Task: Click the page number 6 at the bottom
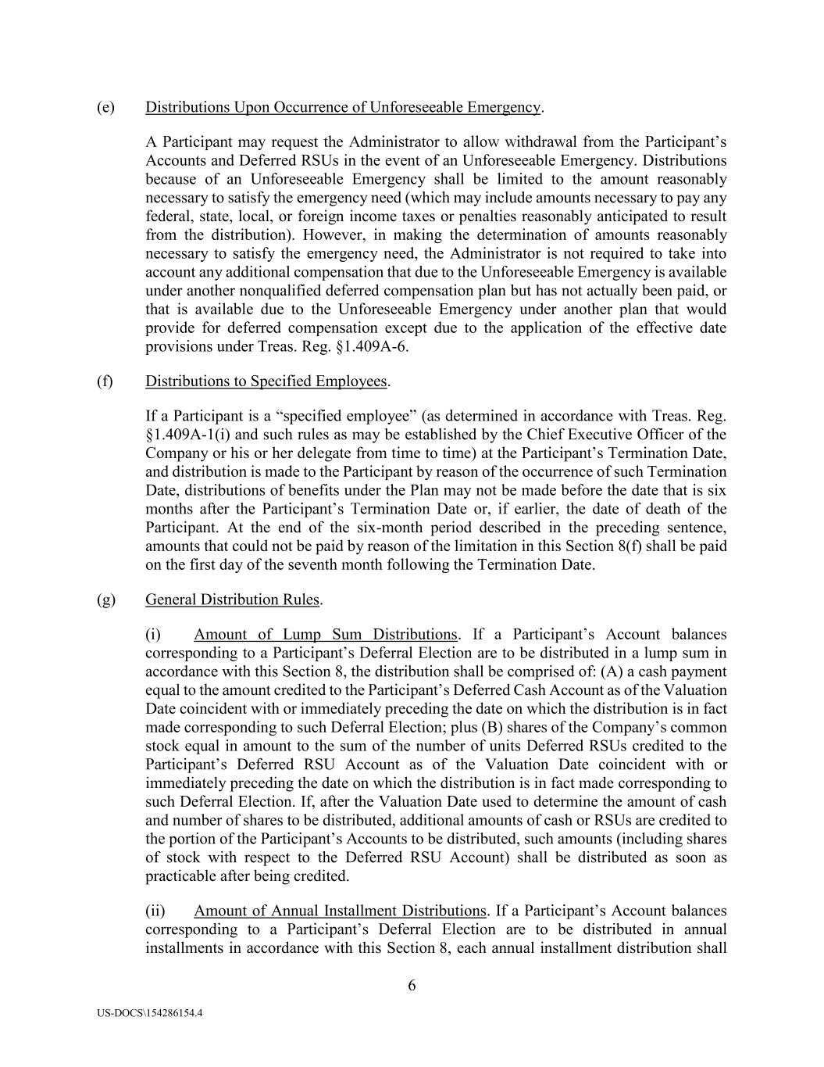412,985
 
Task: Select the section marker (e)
105,106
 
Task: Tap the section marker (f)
105,381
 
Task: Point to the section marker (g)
105,600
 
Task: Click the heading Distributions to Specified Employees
266,381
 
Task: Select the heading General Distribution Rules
232,600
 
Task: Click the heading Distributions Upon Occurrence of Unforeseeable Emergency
343,106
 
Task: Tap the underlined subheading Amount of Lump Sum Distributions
325,634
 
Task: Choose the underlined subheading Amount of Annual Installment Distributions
340,911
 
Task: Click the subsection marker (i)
153,634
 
